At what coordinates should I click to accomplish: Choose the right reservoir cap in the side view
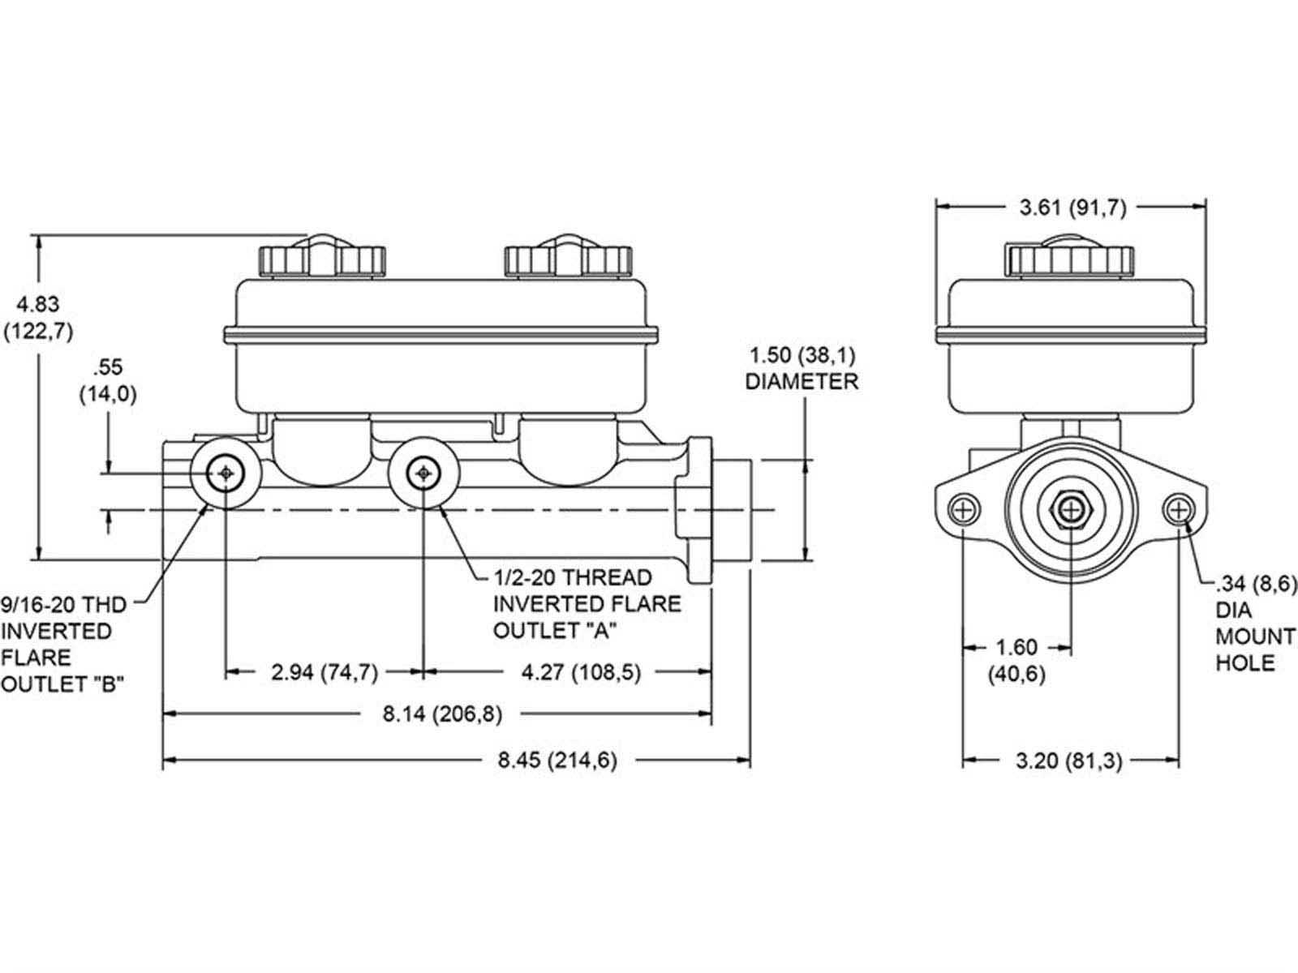567,258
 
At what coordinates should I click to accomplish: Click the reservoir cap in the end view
1069,256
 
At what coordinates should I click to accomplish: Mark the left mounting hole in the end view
963,510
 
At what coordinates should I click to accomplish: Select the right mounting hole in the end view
1178,510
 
